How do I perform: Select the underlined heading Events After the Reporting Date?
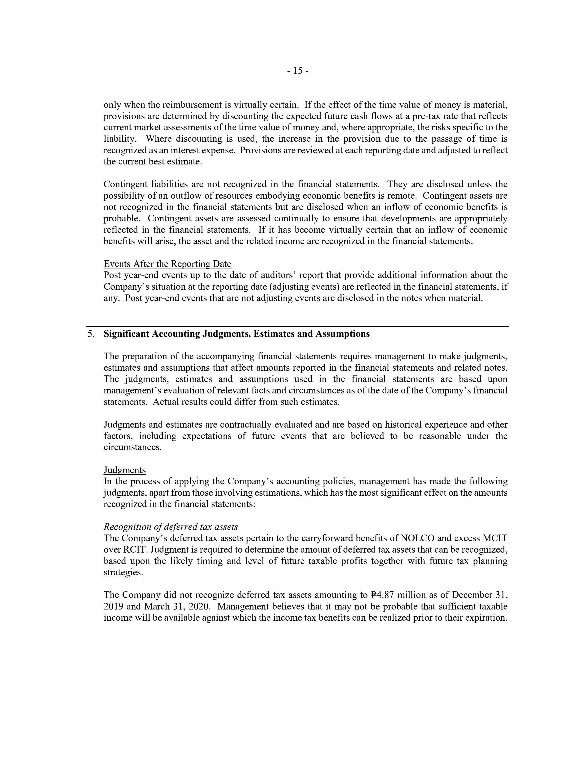pos(168,264)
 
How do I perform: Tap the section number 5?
pos(91,334)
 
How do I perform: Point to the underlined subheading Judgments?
pos(125,470)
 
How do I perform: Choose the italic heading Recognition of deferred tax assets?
pos(171,527)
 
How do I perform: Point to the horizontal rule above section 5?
pos(298,326)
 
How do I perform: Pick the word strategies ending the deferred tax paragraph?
pos(123,573)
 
